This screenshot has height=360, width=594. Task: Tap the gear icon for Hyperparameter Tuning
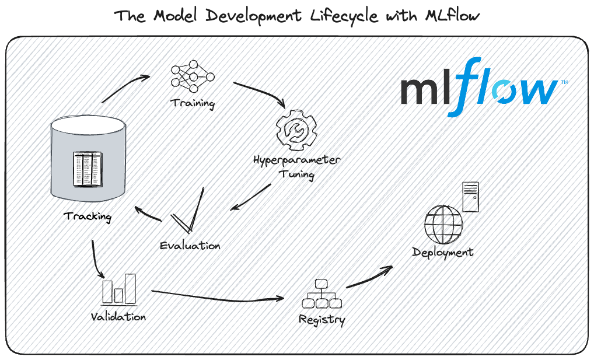[296, 131]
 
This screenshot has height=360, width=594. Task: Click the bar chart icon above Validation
[118, 288]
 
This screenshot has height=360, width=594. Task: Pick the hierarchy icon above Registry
[322, 295]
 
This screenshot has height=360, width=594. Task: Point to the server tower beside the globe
[470, 197]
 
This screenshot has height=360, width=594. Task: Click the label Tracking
[88, 216]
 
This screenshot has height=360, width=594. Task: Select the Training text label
[193, 104]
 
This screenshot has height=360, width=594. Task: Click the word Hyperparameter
[297, 160]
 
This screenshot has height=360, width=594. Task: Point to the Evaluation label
[190, 246]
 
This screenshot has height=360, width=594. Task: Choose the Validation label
[118, 317]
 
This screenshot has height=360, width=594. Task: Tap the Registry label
[322, 320]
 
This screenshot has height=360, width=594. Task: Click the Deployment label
[443, 253]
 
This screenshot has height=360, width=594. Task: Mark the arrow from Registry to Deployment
[369, 278]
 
